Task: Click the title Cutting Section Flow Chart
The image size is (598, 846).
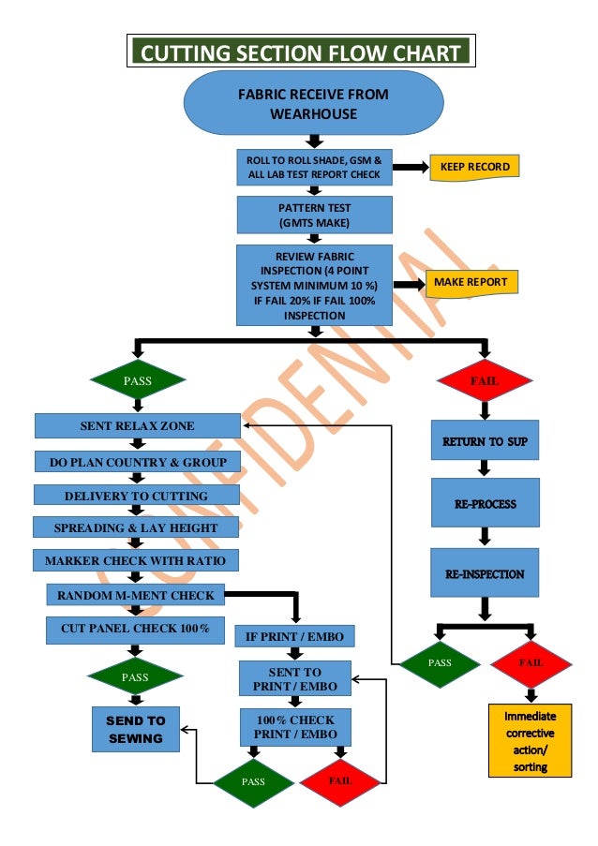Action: pyautogui.click(x=301, y=52)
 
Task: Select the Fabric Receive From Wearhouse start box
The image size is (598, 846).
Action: pyautogui.click(x=313, y=104)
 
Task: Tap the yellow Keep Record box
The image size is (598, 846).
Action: pyautogui.click(x=474, y=168)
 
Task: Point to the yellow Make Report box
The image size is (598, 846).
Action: pyautogui.click(x=471, y=282)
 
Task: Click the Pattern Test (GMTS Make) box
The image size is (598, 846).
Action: pyautogui.click(x=314, y=215)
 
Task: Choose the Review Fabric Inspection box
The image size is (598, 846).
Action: pyautogui.click(x=314, y=285)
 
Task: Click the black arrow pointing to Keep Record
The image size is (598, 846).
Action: pyautogui.click(x=409, y=168)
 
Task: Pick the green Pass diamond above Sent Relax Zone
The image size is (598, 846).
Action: pyautogui.click(x=137, y=381)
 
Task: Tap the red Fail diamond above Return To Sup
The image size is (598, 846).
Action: pyautogui.click(x=485, y=381)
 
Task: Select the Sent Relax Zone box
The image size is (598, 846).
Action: pyautogui.click(x=137, y=426)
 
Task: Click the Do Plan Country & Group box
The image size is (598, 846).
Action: pyautogui.click(x=137, y=462)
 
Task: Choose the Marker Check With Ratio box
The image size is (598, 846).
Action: pyautogui.click(x=136, y=561)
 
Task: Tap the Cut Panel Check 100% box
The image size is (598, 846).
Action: pyautogui.click(x=135, y=627)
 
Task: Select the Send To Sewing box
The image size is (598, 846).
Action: pyautogui.click(x=136, y=730)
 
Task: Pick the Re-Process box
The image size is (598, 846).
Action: pyautogui.click(x=486, y=504)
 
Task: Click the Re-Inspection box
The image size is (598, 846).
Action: pyautogui.click(x=486, y=573)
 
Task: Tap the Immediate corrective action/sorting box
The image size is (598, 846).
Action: pyautogui.click(x=531, y=741)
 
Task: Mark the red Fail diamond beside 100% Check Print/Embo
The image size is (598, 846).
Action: pyautogui.click(x=340, y=780)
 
